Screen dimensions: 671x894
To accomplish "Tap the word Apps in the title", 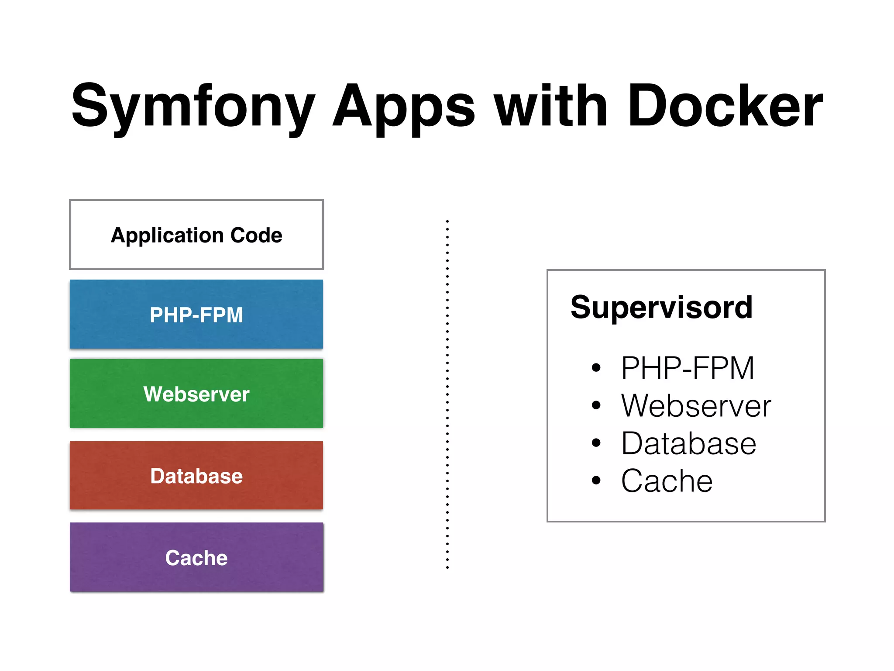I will (x=404, y=107).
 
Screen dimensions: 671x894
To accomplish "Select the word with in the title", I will (x=551, y=107).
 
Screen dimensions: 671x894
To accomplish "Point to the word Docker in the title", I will (x=725, y=107).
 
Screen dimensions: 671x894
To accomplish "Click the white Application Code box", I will (x=196, y=235).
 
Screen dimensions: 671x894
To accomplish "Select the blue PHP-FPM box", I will (x=196, y=315).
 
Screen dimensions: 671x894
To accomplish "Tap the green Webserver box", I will (x=196, y=394).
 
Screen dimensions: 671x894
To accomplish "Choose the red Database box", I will (x=196, y=476).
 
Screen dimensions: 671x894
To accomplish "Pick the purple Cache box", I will (x=196, y=558).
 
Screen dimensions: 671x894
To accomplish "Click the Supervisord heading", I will (x=661, y=308).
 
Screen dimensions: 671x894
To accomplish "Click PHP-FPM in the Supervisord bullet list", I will (x=688, y=368).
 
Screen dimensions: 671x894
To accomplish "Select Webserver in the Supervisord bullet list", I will (x=696, y=406).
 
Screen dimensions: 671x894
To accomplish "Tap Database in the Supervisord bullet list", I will (x=688, y=443).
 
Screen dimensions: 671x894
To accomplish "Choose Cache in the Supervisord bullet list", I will (x=667, y=481).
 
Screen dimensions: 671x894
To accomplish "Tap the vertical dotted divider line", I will (x=447, y=393).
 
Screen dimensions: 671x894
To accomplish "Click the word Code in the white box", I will (x=256, y=235).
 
